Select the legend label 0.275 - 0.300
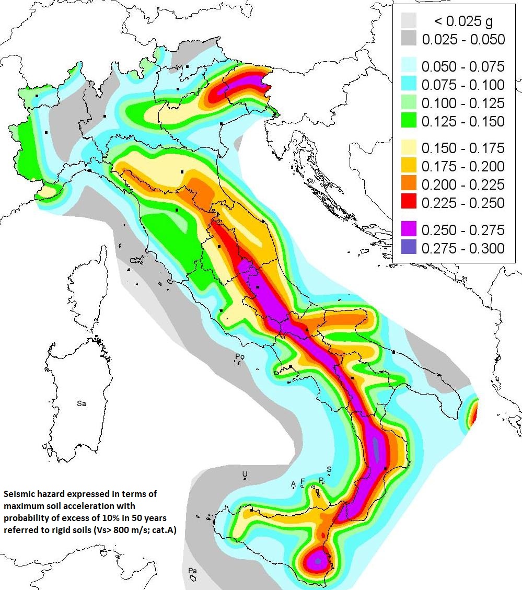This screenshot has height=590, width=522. (x=463, y=248)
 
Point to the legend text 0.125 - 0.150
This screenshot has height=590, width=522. (x=463, y=121)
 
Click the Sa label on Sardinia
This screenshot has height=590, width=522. (x=81, y=403)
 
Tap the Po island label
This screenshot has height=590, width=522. (x=239, y=357)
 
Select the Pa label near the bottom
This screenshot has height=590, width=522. (x=192, y=571)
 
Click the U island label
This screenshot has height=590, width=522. (x=244, y=473)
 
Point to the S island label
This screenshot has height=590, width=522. (x=329, y=469)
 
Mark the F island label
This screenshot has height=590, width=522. (x=303, y=481)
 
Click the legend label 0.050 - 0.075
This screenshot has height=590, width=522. (x=463, y=67)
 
